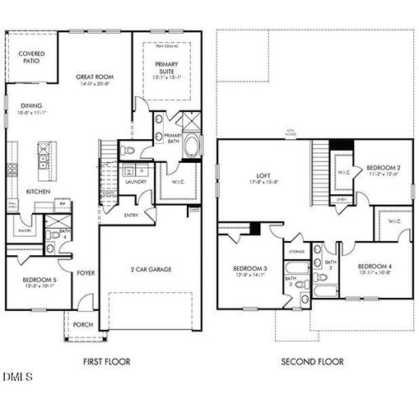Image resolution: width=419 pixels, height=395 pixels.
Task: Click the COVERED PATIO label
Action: coord(32,56)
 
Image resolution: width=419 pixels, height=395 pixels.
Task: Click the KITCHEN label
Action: coord(38,191)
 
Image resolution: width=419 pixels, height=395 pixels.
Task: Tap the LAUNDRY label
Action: coord(136,182)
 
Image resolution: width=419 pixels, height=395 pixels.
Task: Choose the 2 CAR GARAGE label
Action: coord(151,268)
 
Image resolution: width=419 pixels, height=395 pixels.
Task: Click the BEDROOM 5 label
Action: coord(38,281)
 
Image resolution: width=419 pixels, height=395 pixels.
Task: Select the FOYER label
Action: coord(86,272)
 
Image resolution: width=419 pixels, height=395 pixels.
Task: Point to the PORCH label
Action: coord(83,324)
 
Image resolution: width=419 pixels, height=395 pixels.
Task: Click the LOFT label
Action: coord(264,176)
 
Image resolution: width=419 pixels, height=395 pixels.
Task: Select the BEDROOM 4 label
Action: coord(375,268)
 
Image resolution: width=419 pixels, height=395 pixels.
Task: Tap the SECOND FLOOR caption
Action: coord(312,361)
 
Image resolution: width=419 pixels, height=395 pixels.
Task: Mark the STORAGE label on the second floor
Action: coord(296,252)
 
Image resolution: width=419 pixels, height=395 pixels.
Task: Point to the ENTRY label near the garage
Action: coord(132,216)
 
